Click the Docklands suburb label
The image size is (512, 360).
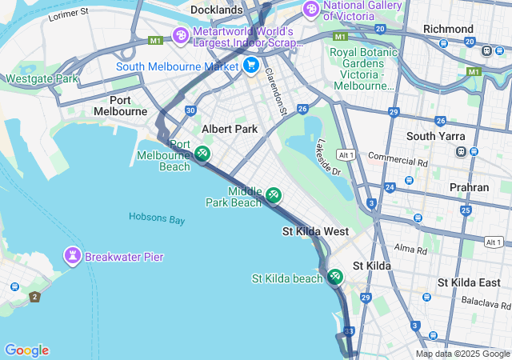click(216, 10)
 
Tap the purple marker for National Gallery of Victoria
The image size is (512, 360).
click(310, 10)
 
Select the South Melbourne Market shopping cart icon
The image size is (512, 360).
click(251, 66)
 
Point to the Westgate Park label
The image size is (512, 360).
click(42, 79)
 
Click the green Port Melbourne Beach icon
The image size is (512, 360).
click(203, 152)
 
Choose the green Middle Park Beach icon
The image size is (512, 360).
click(274, 194)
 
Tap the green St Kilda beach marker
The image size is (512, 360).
click(334, 277)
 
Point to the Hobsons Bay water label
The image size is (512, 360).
click(157, 218)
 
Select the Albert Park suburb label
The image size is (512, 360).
click(230, 129)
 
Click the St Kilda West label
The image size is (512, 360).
click(315, 231)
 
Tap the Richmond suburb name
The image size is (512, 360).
click(448, 29)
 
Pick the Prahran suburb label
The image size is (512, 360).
click(470, 187)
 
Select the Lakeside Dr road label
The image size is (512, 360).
click(328, 158)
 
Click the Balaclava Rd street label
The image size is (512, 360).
click(486, 303)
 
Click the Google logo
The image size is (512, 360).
click(26, 350)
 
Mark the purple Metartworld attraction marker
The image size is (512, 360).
click(181, 35)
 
